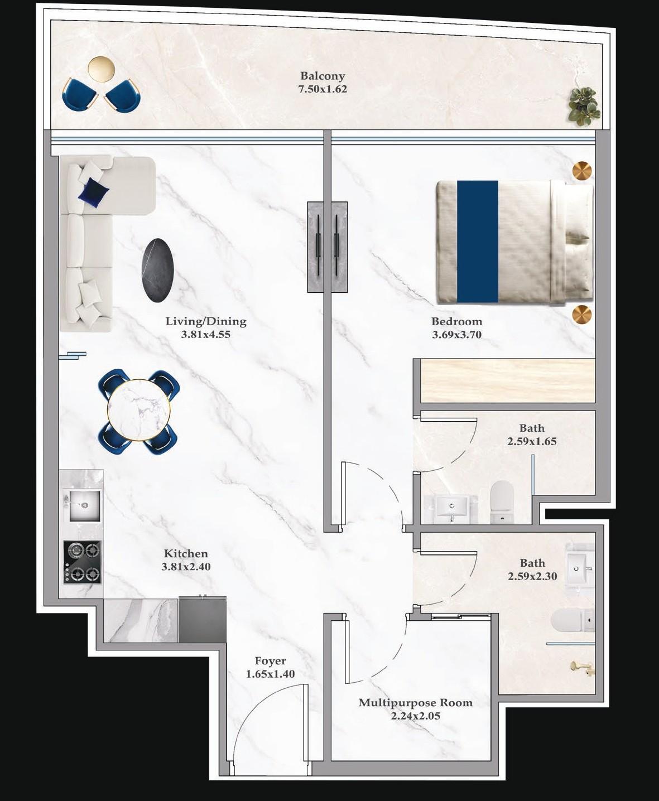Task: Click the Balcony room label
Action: [x=323, y=76]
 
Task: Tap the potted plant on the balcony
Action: [x=583, y=104]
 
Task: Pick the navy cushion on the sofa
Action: [x=93, y=192]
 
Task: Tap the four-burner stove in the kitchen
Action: [x=83, y=562]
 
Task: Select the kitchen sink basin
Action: [x=84, y=505]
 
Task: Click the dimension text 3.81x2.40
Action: [x=186, y=567]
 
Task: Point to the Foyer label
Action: [x=270, y=661]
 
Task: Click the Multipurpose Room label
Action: [x=415, y=703]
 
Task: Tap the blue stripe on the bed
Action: [x=478, y=242]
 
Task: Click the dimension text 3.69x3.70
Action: [x=456, y=335]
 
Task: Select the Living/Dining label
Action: [x=205, y=321]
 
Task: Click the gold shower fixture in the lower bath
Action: [x=581, y=667]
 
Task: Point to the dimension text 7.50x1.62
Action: [x=323, y=89]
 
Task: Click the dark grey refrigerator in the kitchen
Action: [x=203, y=619]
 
